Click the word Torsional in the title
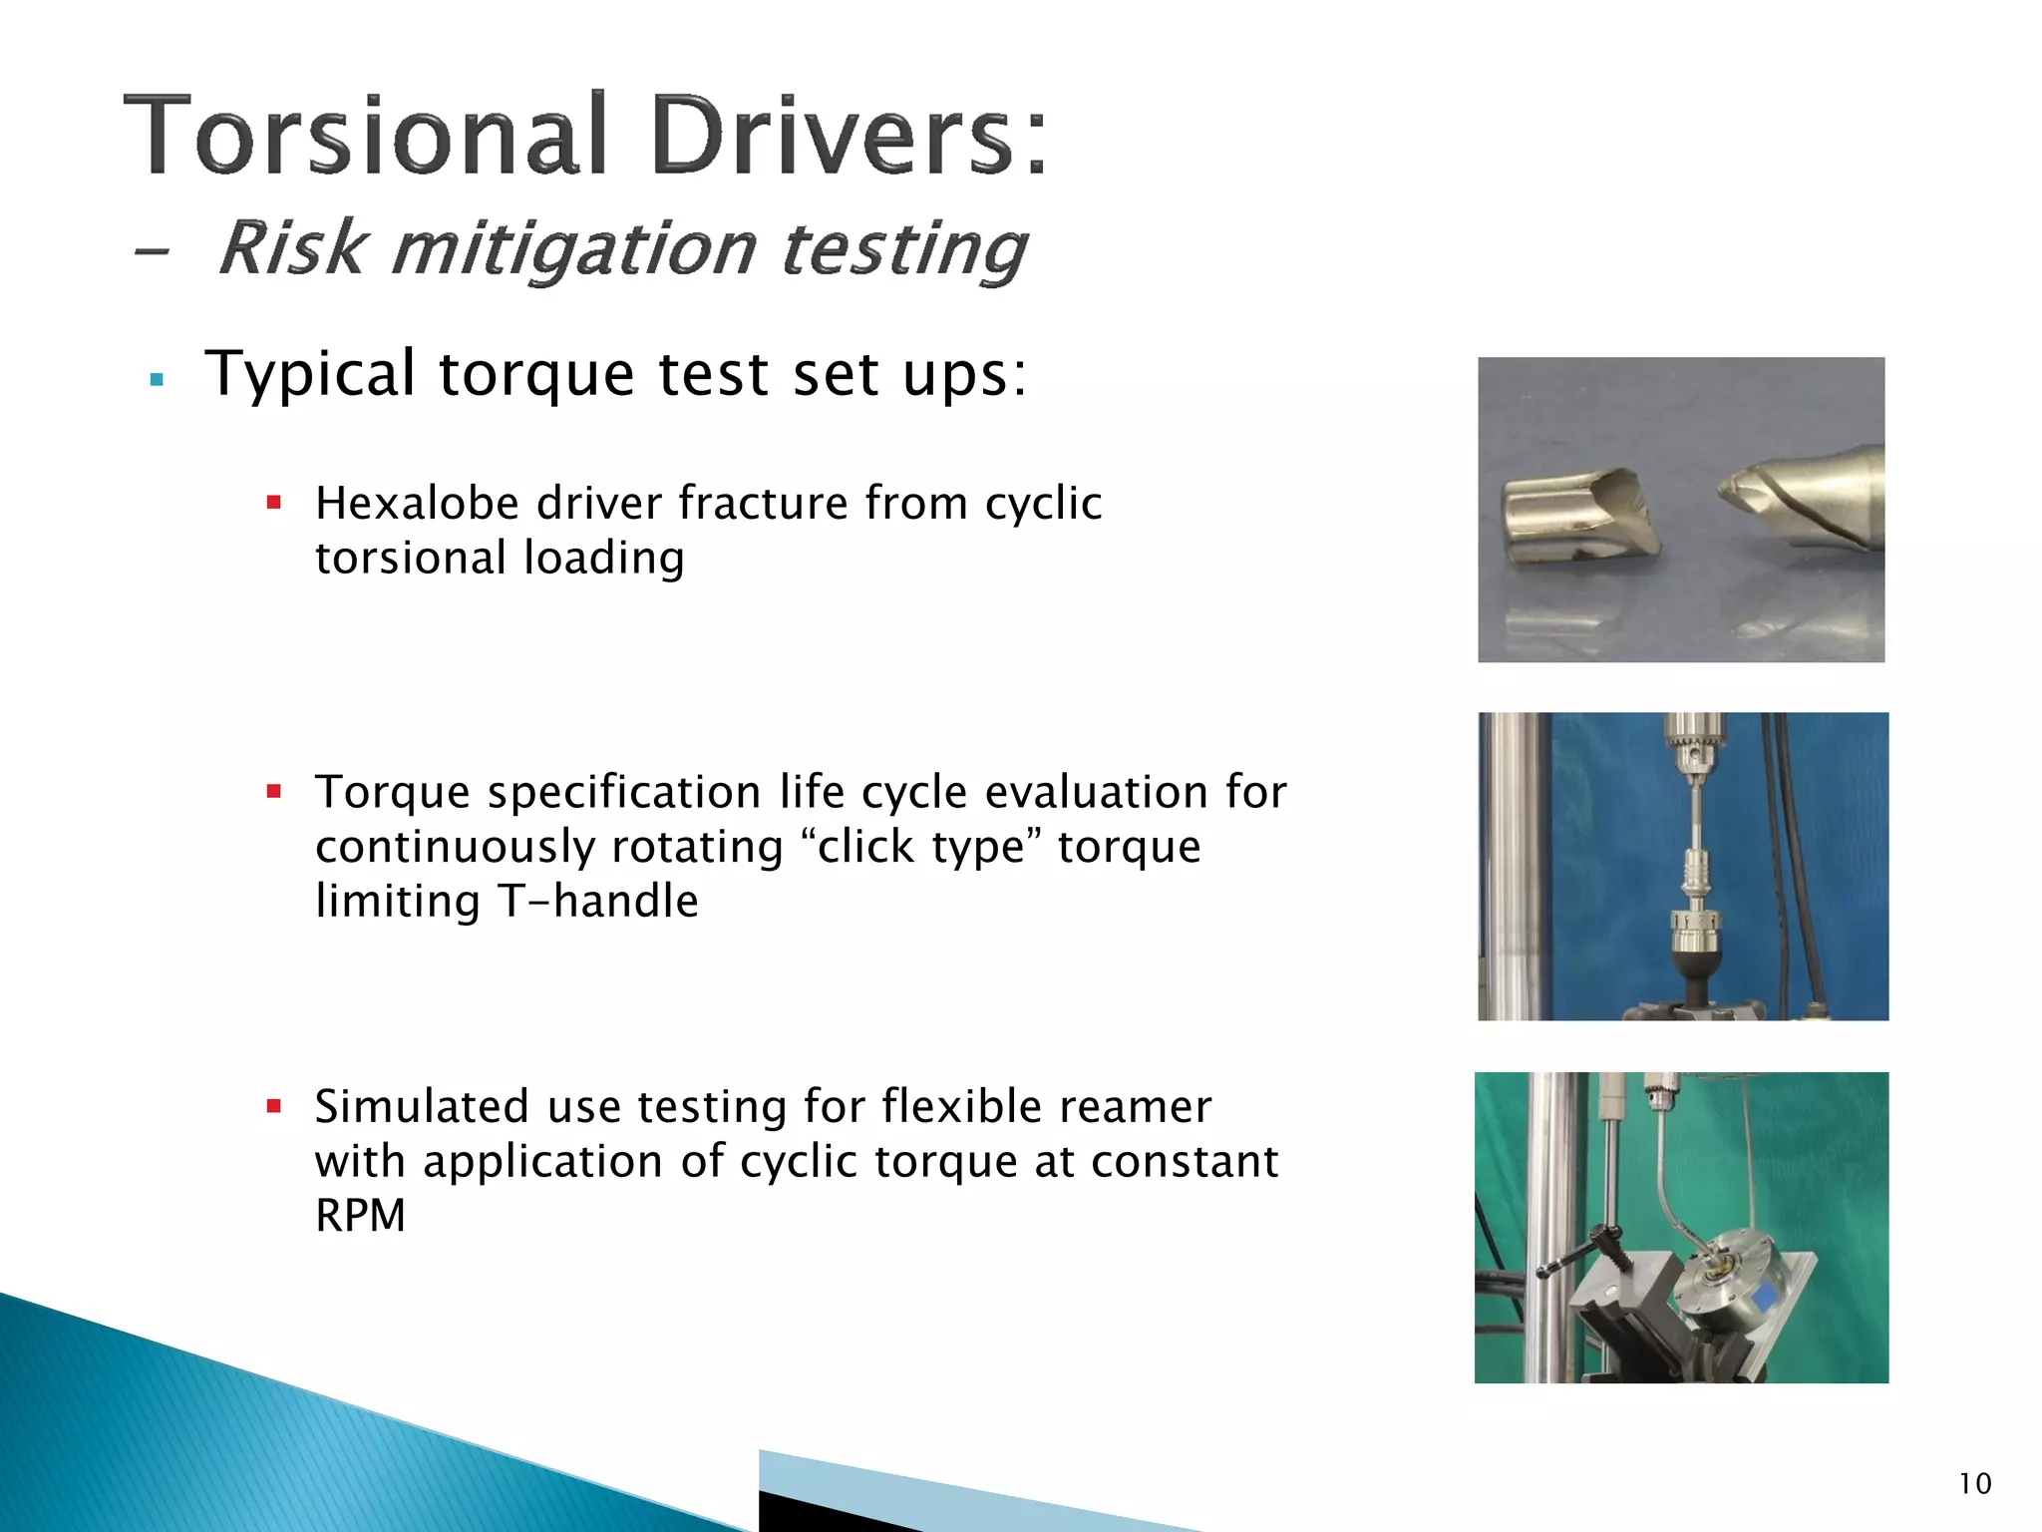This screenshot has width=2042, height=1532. (367, 136)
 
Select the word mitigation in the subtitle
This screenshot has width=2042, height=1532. (573, 249)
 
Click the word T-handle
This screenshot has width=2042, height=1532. (598, 902)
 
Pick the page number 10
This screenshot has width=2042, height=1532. (1974, 1484)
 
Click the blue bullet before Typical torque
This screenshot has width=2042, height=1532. (156, 380)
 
